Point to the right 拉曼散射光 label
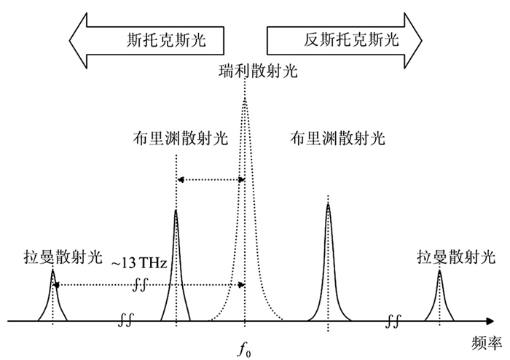pos(455,257)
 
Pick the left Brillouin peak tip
pos(176,211)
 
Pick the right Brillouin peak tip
pos(328,204)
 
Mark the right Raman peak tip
pos(439,271)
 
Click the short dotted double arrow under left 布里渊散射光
pos(211,179)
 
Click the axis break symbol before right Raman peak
pos(393,319)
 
